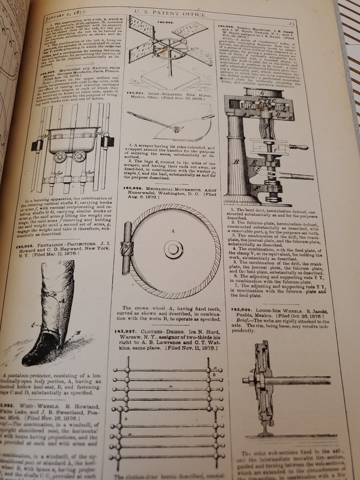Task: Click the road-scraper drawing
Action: (x=172, y=125)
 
